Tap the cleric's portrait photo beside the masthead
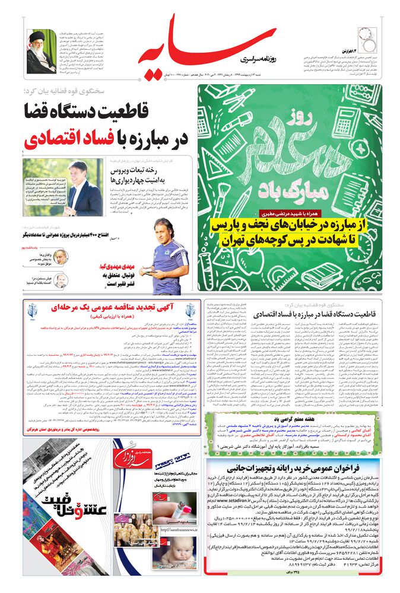coord(41,50)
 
